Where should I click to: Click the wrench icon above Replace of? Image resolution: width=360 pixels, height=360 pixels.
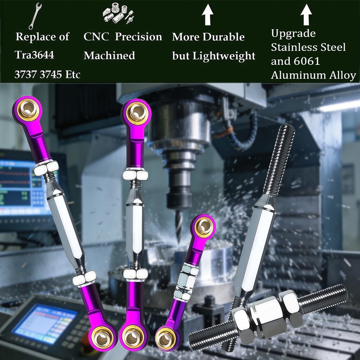point(35,16)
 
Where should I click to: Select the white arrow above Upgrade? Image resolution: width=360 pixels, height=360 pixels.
point(306,15)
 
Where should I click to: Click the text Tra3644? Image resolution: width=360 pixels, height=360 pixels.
point(35,55)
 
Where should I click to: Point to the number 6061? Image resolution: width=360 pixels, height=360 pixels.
point(307,61)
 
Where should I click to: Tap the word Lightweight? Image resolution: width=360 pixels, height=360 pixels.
point(224,56)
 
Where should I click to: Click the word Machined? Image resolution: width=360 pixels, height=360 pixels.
point(109,55)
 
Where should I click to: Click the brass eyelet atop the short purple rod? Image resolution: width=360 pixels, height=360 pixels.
point(204,226)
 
